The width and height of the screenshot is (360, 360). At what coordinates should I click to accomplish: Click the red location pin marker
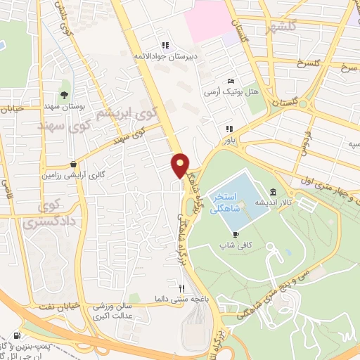click(x=181, y=165)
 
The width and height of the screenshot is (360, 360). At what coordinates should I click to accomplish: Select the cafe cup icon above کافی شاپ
click(x=236, y=235)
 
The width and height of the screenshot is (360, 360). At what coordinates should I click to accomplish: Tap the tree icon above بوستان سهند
click(x=65, y=95)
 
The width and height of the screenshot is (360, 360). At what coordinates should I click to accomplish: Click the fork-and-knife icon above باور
click(x=228, y=129)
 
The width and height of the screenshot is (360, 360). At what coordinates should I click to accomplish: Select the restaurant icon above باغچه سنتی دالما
click(x=182, y=288)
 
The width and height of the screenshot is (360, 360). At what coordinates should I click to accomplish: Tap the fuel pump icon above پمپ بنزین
click(x=16, y=336)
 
